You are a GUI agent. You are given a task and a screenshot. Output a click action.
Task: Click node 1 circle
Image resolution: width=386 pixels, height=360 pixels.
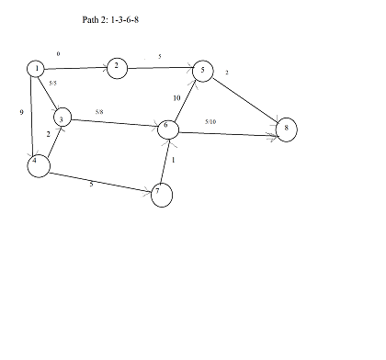[x=36, y=69]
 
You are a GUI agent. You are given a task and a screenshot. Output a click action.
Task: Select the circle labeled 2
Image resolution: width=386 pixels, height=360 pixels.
[x=116, y=67]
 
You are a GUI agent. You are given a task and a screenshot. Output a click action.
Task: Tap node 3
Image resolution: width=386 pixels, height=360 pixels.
[x=62, y=118]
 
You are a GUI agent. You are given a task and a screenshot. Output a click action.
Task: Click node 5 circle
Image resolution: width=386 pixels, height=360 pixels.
[x=203, y=71]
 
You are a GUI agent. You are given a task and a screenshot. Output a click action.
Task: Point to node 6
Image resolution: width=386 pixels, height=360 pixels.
[x=168, y=129]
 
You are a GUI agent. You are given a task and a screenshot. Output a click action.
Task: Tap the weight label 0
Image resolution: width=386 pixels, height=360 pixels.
[x=58, y=55]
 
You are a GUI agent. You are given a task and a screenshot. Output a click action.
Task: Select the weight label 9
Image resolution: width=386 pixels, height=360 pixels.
[x=21, y=112]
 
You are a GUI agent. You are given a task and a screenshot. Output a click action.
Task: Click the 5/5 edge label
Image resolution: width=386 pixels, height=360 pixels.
[x=52, y=84]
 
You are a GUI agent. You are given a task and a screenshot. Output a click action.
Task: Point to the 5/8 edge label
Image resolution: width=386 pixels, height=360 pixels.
[x=98, y=113]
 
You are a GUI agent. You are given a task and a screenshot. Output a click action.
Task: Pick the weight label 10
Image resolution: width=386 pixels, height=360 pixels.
[x=176, y=98]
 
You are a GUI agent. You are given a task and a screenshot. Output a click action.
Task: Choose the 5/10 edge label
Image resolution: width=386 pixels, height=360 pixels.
[x=210, y=122]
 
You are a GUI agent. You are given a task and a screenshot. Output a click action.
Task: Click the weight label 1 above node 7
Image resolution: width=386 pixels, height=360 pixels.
[x=173, y=161]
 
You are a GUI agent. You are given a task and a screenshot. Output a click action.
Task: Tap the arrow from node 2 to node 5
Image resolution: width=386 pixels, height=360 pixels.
[x=158, y=67]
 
